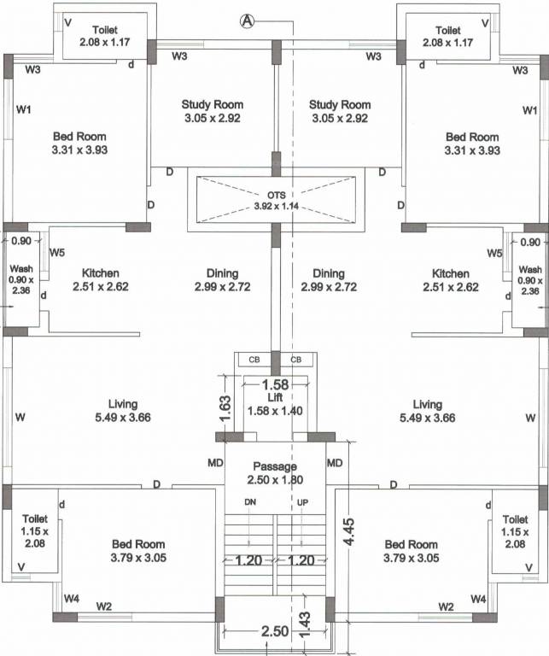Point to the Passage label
pyautogui.click(x=275, y=466)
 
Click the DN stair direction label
pyautogui.click(x=249, y=501)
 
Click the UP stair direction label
pyautogui.click(x=301, y=501)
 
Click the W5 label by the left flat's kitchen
pyautogui.click(x=57, y=253)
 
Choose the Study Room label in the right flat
pyautogui.click(x=339, y=105)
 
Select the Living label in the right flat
pyautogui.click(x=427, y=404)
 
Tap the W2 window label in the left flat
pyautogui.click(x=103, y=606)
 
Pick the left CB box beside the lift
pyautogui.click(x=254, y=360)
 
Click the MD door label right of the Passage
pyautogui.click(x=335, y=463)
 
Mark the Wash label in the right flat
pyautogui.click(x=529, y=269)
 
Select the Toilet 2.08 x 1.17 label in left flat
pyautogui.click(x=104, y=30)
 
